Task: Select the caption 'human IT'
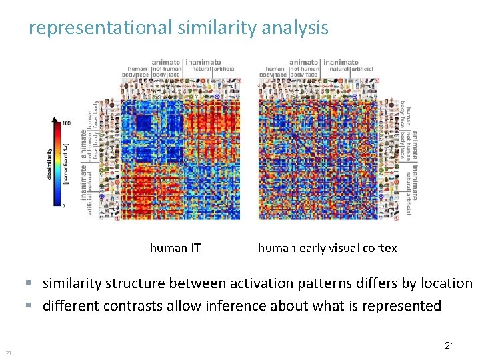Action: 175,248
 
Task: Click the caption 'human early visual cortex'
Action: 327,248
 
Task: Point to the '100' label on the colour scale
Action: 67,123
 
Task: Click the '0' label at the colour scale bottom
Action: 63,206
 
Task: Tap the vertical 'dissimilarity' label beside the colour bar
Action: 49,163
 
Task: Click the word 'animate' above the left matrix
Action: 167,62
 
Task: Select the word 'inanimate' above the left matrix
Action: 205,62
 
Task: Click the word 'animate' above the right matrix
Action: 305,62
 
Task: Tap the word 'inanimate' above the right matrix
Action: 341,62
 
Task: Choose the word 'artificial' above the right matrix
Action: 363,68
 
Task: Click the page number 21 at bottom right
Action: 449,345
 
